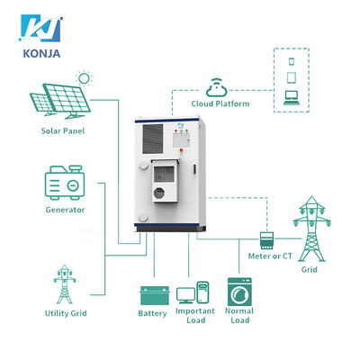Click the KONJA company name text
pyautogui.click(x=41, y=54)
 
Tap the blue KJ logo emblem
pyautogui.click(x=40, y=28)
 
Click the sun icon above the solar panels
pyautogui.click(x=84, y=78)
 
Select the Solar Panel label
pyautogui.click(x=63, y=130)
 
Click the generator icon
pyautogui.click(x=65, y=183)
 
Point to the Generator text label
pyautogui.click(x=65, y=210)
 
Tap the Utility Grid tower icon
pyautogui.click(x=65, y=283)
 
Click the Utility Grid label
pyautogui.click(x=66, y=313)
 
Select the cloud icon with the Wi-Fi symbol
pyautogui.click(x=217, y=87)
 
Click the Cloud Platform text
pyautogui.click(x=220, y=103)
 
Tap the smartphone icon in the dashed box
pyautogui.click(x=292, y=61)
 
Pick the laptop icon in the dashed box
pyautogui.click(x=292, y=98)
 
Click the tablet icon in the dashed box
pyautogui.click(x=292, y=77)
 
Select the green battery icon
pyautogui.click(x=155, y=295)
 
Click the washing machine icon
pyautogui.click(x=239, y=292)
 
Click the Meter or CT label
pyautogui.click(x=270, y=256)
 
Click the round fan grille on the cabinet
pyautogui.click(x=158, y=193)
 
